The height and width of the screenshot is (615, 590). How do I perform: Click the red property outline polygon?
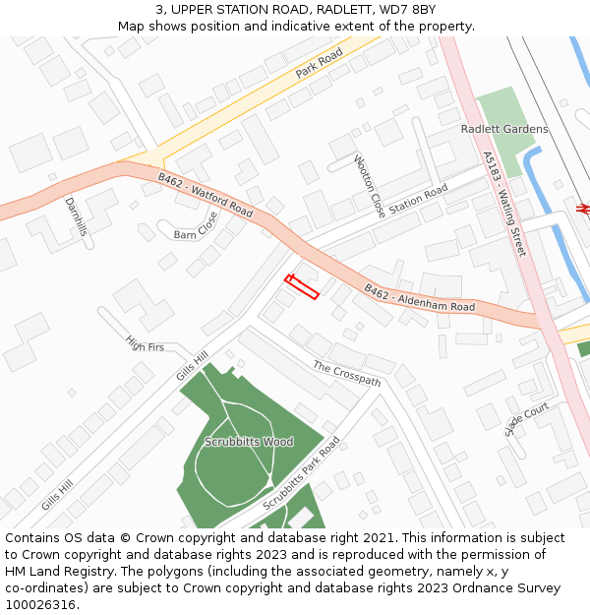pos(302,287)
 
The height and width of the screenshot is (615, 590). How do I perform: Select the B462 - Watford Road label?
pos(206,196)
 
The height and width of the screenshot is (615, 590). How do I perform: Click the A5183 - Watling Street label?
pos(503,204)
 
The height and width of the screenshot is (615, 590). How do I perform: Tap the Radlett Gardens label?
pos(504,129)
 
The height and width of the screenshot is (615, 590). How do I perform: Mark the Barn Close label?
pos(196,227)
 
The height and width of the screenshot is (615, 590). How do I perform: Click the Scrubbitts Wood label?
pos(249,442)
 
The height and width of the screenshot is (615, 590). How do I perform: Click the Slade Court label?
pos(526,419)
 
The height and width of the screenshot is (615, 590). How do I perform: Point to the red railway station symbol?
pos(583,209)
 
